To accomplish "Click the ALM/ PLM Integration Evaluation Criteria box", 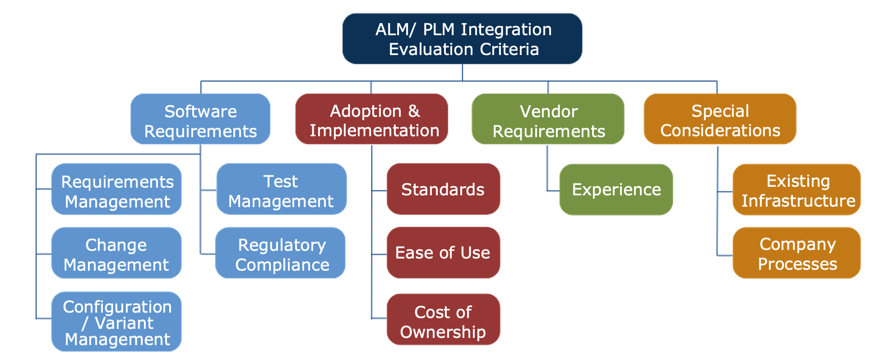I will [462, 39].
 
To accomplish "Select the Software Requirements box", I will [200, 119].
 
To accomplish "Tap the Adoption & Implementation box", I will [371, 119].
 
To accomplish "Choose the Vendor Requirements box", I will [548, 119].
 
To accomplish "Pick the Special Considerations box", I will [720, 119].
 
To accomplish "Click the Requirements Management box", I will [116, 189].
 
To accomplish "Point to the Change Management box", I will [116, 253].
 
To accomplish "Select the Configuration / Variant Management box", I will [116, 322].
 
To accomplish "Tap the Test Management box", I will [281, 189].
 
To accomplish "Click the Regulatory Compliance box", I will [280, 253].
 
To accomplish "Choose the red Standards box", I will [443, 189].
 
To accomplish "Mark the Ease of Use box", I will [443, 253].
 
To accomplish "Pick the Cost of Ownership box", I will [443, 319].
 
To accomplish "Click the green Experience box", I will [616, 189].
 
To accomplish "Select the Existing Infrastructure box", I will [797, 189].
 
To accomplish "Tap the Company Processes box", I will [797, 253].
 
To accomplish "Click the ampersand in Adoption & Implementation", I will [414, 111].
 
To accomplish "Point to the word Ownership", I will [443, 332].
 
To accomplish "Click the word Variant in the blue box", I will [124, 323].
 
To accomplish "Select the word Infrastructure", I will [798, 201].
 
